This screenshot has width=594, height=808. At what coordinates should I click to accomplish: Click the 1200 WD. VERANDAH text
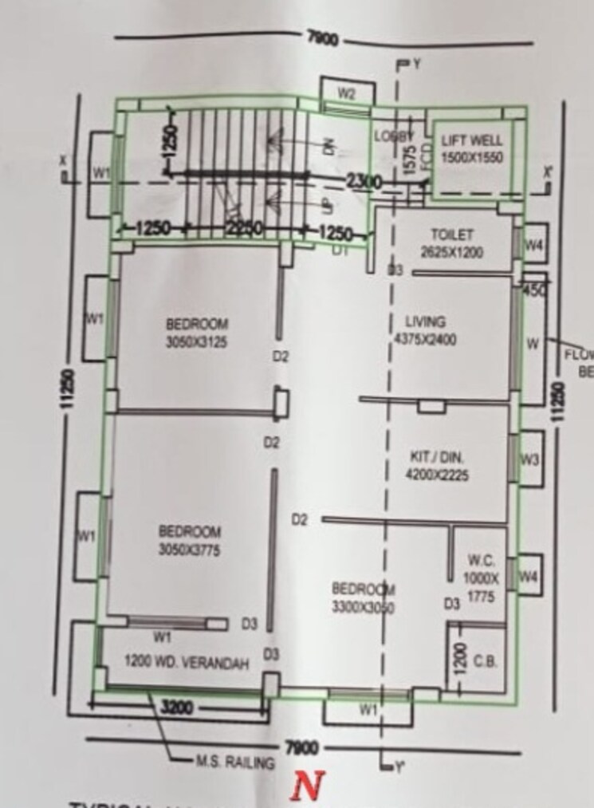[x=187, y=662]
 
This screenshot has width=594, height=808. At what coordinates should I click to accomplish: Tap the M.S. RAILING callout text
[x=235, y=763]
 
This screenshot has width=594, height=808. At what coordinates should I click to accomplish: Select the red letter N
[x=303, y=786]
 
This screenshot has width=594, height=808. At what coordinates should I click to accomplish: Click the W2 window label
[x=346, y=93]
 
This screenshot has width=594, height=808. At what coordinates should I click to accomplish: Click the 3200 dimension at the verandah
[x=178, y=707]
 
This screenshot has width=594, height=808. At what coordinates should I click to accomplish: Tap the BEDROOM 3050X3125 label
[x=197, y=331]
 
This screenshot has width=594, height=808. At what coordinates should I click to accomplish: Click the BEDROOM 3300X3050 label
[x=364, y=597]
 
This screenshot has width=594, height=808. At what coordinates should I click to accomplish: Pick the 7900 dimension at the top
[x=322, y=38]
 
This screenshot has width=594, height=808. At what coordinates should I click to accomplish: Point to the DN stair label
[x=326, y=145]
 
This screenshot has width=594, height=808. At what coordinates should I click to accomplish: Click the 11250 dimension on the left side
[x=67, y=388]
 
